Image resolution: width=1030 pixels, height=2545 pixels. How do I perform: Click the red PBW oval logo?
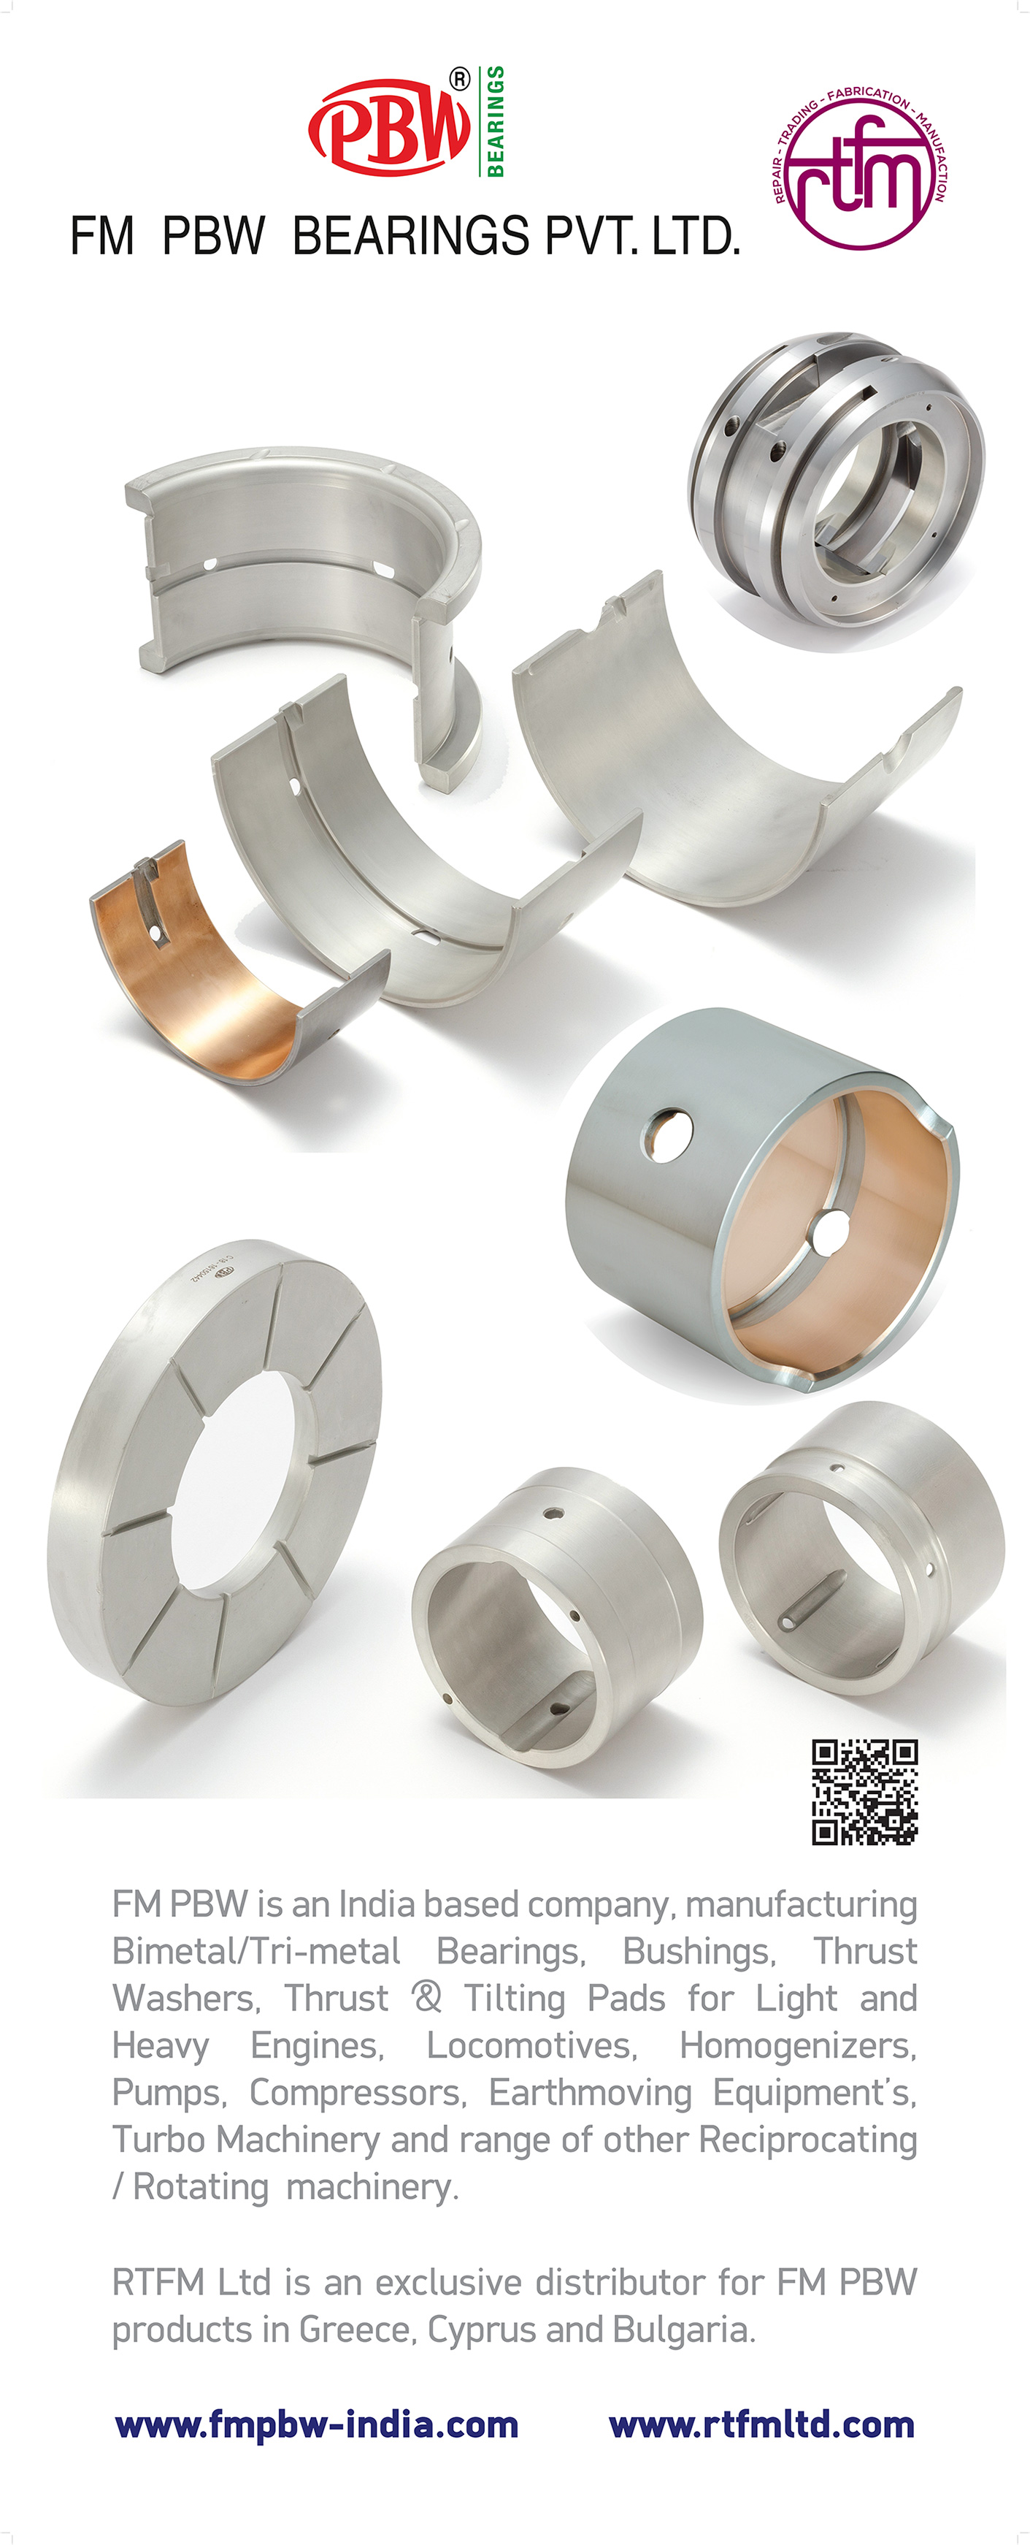point(390,126)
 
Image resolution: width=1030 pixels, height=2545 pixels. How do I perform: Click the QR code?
point(865,1792)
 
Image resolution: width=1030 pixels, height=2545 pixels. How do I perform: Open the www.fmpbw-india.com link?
point(317,2424)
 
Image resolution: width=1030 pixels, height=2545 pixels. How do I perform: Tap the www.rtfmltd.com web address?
point(761,2424)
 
